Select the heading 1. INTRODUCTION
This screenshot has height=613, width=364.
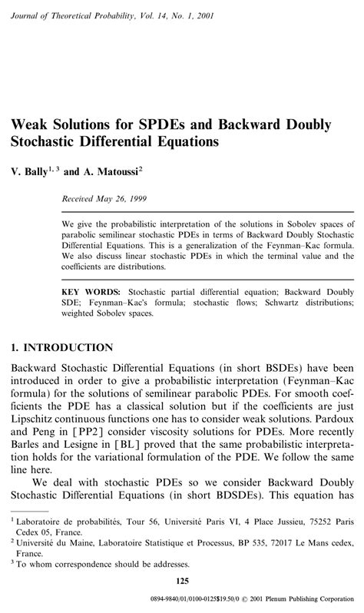62,348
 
